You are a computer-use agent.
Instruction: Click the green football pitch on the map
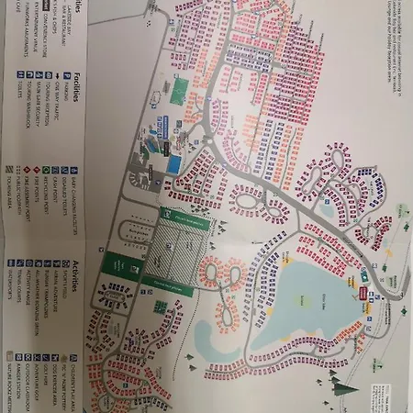(x=180, y=90)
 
